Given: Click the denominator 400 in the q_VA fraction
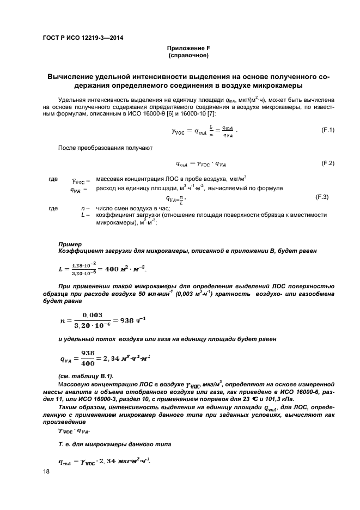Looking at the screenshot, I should (x=88, y=363).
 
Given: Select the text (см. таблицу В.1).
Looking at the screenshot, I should (x=83, y=377).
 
